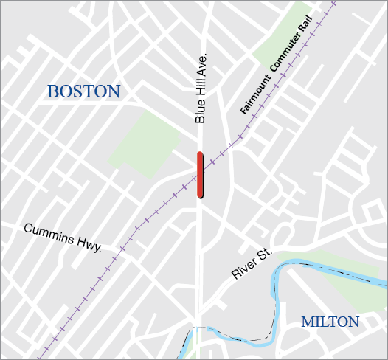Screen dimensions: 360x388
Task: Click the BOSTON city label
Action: pyautogui.click(x=83, y=91)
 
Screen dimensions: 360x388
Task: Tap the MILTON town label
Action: pyautogui.click(x=330, y=322)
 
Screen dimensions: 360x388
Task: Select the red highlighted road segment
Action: pyautogui.click(x=200, y=175)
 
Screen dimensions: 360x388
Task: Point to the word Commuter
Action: pyautogui.click(x=287, y=65)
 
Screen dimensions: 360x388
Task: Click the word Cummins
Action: pyautogui.click(x=51, y=234)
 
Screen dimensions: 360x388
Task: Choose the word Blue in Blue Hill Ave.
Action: pyautogui.click(x=199, y=111)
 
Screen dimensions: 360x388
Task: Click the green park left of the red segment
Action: pyautogui.click(x=145, y=145)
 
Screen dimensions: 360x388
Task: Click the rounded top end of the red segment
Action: pyautogui.click(x=200, y=154)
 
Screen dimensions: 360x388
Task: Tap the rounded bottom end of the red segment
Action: pyautogui.click(x=200, y=195)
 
